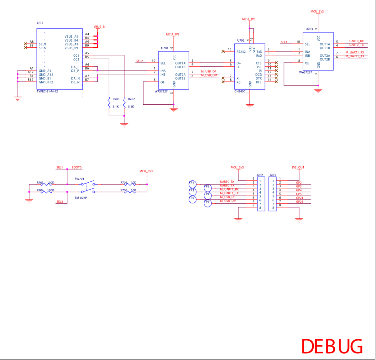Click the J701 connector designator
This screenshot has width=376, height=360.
click(40, 23)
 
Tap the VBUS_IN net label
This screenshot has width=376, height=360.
click(100, 27)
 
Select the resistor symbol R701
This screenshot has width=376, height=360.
click(109, 103)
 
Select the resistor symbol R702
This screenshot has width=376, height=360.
click(124, 103)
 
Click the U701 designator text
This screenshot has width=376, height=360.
click(164, 48)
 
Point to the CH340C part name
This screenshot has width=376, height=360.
click(240, 91)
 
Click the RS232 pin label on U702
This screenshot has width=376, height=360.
click(241, 52)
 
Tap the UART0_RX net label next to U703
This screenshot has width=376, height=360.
click(356, 41)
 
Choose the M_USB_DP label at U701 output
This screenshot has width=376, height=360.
click(209, 72)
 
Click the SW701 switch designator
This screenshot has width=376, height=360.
click(79, 179)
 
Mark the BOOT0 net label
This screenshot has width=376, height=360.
click(76, 168)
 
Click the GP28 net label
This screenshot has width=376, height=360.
click(300, 202)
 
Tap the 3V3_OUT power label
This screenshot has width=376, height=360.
click(298, 168)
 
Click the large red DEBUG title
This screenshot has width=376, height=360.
click(332, 347)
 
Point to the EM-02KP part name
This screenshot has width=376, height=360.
click(81, 198)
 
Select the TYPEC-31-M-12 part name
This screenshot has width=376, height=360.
click(47, 91)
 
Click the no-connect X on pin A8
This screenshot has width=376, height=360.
click(25, 44)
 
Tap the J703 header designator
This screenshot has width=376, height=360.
click(273, 175)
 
